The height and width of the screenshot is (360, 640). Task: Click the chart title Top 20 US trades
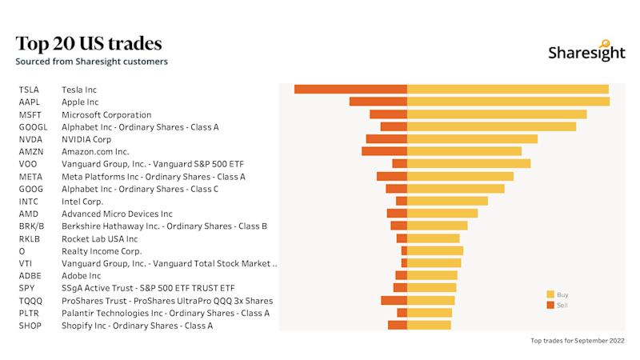tap(89, 42)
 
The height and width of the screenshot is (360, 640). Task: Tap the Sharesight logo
tap(586, 51)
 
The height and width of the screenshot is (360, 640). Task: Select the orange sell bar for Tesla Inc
tap(350, 89)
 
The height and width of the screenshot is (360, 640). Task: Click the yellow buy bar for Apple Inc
tap(508, 102)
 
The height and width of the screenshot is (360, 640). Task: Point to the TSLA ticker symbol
tap(29, 90)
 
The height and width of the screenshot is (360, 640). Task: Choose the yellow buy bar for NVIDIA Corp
tap(472, 138)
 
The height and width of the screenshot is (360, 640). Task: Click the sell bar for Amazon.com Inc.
tap(384, 151)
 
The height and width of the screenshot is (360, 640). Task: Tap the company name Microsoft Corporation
tap(106, 114)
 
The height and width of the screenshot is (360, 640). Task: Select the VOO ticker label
tap(28, 164)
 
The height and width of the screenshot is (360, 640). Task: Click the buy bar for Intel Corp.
tap(447, 201)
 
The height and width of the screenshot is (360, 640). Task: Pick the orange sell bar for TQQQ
tap(394, 300)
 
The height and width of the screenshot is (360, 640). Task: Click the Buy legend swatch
tap(550, 294)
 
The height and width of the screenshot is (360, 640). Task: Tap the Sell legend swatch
tap(550, 305)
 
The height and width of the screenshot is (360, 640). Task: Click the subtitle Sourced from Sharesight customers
tap(91, 62)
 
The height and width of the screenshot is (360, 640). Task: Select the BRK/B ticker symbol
tap(31, 226)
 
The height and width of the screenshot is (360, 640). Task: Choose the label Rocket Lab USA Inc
tap(99, 238)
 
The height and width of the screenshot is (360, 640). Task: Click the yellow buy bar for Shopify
tap(429, 325)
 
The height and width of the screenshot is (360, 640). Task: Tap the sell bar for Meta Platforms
tap(392, 176)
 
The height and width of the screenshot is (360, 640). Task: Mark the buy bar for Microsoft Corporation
tap(497, 114)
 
